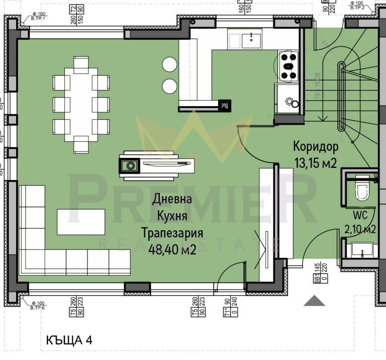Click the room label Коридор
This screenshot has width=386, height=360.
[x=316, y=147]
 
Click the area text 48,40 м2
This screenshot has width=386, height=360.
[x=172, y=249]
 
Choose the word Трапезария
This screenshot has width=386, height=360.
[x=172, y=233]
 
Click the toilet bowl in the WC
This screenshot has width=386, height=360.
[x=362, y=191]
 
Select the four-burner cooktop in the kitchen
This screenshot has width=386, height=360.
[x=288, y=66]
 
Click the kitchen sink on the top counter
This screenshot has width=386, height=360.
[x=251, y=39]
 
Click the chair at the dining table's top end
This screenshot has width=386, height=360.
[x=81, y=64]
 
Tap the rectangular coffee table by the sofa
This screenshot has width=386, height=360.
[x=81, y=222]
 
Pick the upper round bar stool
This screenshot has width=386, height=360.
[x=169, y=64]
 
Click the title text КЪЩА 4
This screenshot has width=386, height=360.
[x=68, y=340]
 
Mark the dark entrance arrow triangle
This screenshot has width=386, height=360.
[x=315, y=301]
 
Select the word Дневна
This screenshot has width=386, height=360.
[x=172, y=199]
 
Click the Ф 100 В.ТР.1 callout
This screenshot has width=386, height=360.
[x=38, y=16]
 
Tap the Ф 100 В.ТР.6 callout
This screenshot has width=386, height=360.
[x=38, y=305]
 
